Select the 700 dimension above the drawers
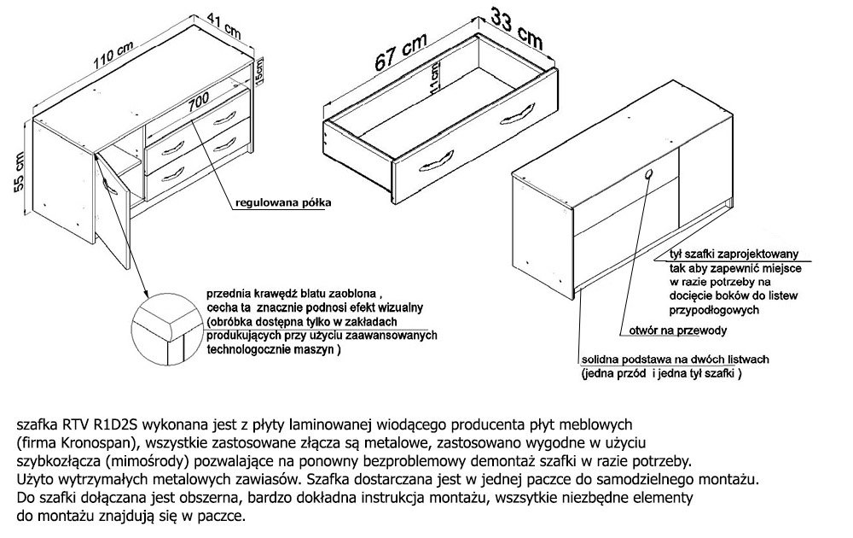coord(199,100)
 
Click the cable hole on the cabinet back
coord(650,175)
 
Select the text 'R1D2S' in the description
coord(117,423)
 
